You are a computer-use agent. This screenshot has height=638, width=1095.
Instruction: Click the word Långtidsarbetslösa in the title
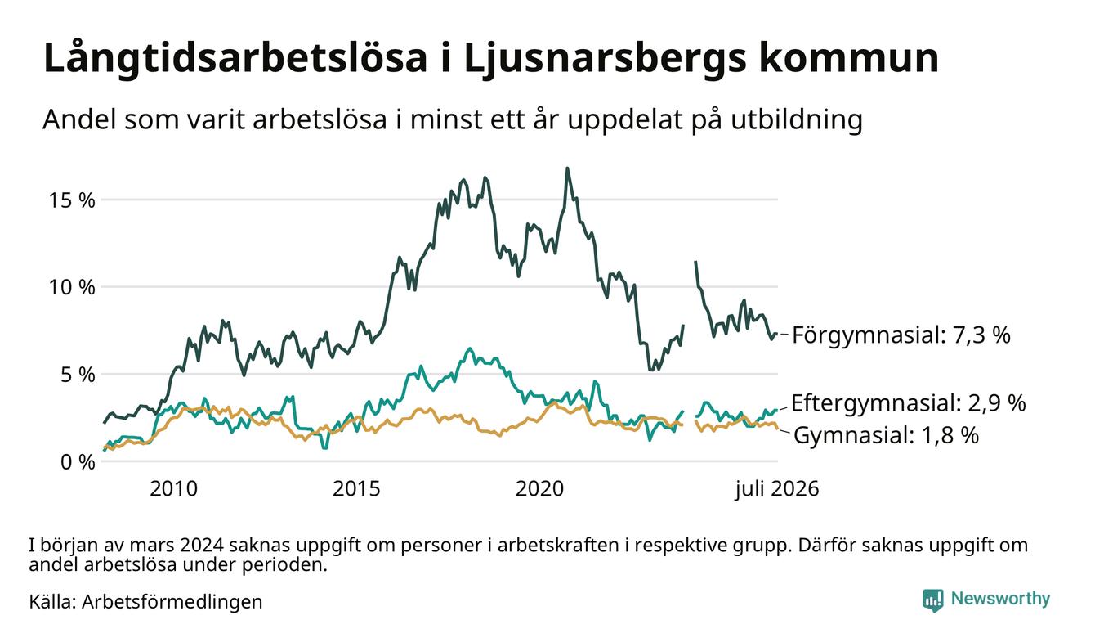pyautogui.click(x=235, y=59)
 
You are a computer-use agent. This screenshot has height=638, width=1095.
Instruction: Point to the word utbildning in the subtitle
pyautogui.click(x=797, y=120)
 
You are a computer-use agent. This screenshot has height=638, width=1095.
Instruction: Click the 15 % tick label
pyautogui.click(x=72, y=200)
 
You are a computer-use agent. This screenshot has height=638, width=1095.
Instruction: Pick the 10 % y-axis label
pyautogui.click(x=72, y=287)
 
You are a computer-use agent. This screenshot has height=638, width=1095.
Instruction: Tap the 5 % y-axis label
pyautogui.click(x=78, y=375)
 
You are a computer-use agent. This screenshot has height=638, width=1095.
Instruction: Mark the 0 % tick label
pyautogui.click(x=78, y=462)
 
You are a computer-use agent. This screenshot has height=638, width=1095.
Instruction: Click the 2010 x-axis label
pyautogui.click(x=173, y=489)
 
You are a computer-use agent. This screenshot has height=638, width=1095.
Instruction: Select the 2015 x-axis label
pyautogui.click(x=356, y=489)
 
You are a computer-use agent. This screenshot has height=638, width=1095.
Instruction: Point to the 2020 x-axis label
pyautogui.click(x=539, y=489)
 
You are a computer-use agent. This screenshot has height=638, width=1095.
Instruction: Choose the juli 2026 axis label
pyautogui.click(x=777, y=489)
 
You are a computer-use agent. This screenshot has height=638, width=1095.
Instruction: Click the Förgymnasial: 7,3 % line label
pyautogui.click(x=901, y=335)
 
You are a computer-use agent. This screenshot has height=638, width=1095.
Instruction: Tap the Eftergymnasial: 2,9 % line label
pyautogui.click(x=908, y=402)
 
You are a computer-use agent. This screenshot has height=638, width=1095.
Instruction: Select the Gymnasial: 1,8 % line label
pyautogui.click(x=886, y=435)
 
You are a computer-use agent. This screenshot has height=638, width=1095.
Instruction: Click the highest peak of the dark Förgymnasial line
pyautogui.click(x=567, y=168)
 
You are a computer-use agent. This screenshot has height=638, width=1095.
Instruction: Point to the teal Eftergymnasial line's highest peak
pyautogui.click(x=470, y=348)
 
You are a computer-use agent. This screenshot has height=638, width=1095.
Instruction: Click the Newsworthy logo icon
pyautogui.click(x=932, y=600)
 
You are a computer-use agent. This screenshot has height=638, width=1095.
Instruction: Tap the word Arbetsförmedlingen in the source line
pyautogui.click(x=172, y=602)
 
